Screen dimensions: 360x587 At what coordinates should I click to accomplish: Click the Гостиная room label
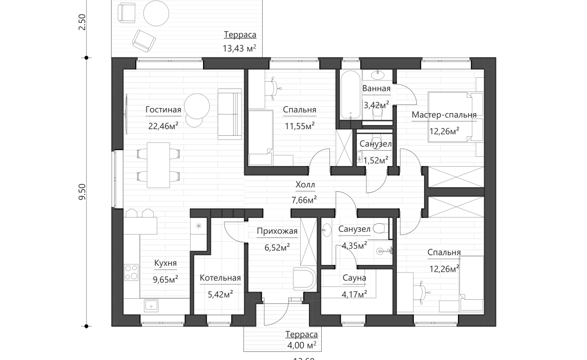pyautogui.click(x=163, y=110)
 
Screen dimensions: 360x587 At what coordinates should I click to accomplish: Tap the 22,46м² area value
pyautogui.click(x=163, y=125)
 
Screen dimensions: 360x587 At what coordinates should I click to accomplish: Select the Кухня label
pyautogui.click(x=166, y=264)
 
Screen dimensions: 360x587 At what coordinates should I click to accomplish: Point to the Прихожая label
pyautogui.click(x=277, y=231)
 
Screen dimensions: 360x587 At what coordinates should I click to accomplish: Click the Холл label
pyautogui.click(x=305, y=185)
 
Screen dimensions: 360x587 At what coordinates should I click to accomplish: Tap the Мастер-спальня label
pyautogui.click(x=444, y=115)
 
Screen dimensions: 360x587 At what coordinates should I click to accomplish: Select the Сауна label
pyautogui.click(x=354, y=278)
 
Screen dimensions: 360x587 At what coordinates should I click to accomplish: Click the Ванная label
pyautogui.click(x=376, y=88)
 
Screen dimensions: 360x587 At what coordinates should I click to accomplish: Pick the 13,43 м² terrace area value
pyautogui.click(x=239, y=49)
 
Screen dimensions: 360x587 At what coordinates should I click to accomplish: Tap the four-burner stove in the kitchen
pyautogui.click(x=131, y=272)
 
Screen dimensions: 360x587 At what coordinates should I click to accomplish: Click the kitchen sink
pyautogui.click(x=151, y=305)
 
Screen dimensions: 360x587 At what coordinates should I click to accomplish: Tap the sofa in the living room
pyautogui.click(x=229, y=114)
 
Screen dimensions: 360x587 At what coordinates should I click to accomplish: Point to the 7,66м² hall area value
pyautogui.click(x=305, y=200)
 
